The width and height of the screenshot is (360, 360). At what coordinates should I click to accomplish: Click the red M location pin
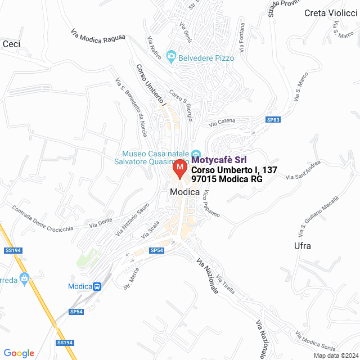[179, 168]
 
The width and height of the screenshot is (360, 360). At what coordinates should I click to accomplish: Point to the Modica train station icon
[97, 286]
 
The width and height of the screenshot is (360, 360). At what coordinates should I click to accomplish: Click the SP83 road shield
[273, 120]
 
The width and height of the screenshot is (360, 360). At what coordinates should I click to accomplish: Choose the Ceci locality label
[11, 43]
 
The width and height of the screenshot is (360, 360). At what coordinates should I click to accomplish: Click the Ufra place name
[302, 246]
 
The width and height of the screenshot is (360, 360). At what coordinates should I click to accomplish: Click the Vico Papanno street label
[211, 204]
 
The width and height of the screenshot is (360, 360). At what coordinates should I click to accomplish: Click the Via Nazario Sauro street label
[132, 221]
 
